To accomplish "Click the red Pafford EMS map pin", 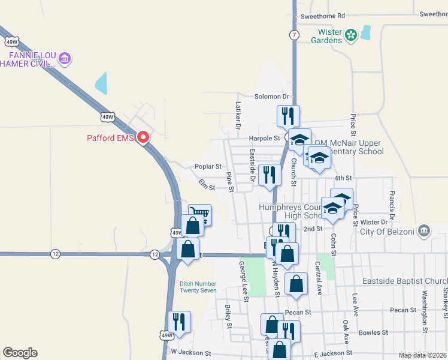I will [143, 138].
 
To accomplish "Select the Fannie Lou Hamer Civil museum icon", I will [65, 59].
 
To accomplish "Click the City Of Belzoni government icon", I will [423, 230].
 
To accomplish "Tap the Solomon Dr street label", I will [272, 97].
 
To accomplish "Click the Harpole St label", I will [264, 139].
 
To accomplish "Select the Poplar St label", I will [208, 166].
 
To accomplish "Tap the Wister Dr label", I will [375, 223].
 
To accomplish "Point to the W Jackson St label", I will [192, 353].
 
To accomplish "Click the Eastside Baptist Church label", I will [405, 281].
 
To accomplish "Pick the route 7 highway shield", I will [293, 35].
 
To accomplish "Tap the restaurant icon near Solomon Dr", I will [288, 115].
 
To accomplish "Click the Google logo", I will [20, 353].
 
